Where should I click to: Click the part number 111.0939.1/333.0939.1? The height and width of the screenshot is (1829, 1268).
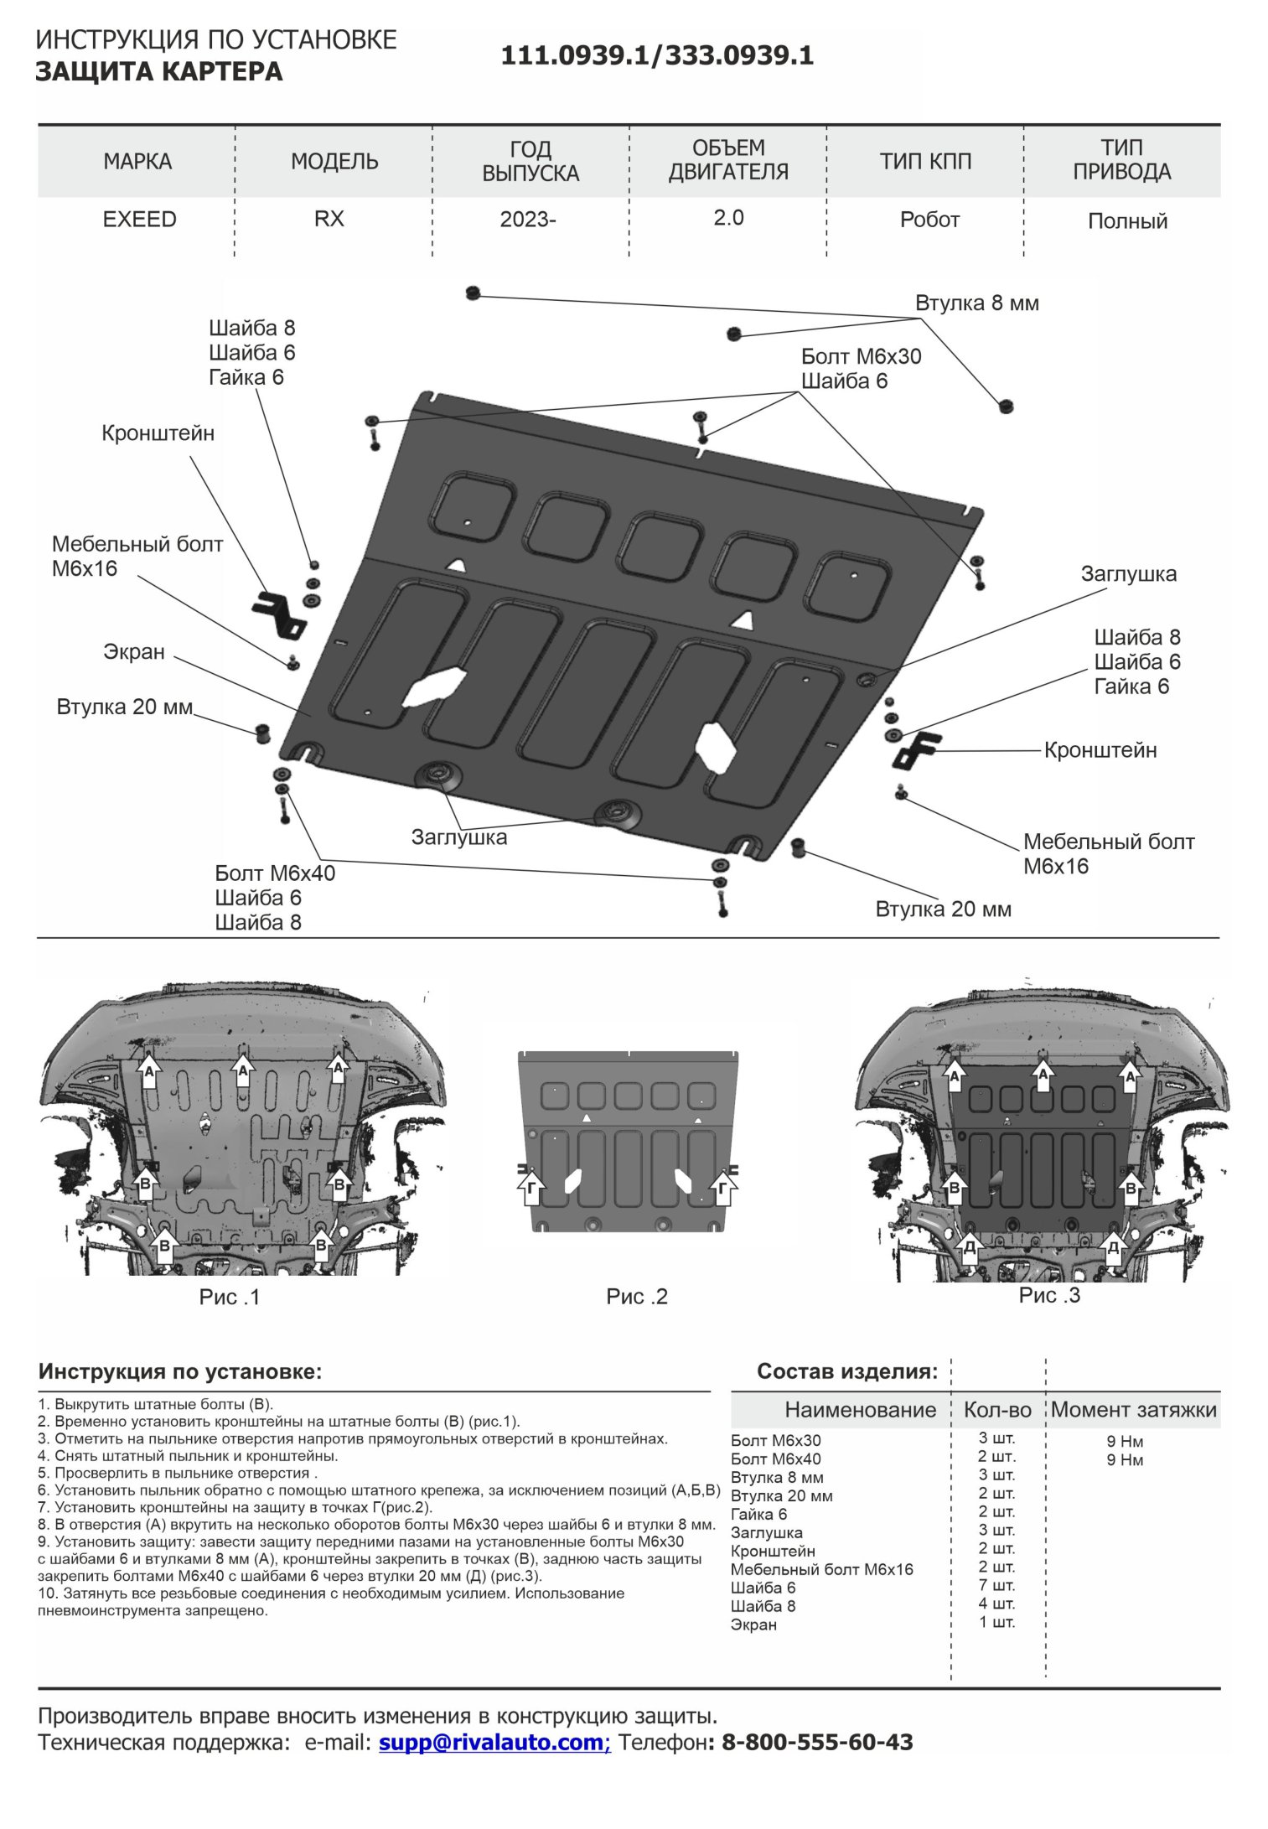[x=657, y=56]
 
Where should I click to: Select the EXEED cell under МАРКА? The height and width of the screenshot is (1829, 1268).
[x=139, y=220]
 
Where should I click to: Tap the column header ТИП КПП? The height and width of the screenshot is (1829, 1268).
[x=925, y=161]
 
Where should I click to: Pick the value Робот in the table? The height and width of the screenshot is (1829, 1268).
[x=929, y=220]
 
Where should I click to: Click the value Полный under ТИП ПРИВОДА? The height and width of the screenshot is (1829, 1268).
[x=1127, y=221]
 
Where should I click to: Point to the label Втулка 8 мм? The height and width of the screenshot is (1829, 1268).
[x=976, y=303]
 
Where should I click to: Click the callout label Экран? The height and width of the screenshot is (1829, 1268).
[x=134, y=652]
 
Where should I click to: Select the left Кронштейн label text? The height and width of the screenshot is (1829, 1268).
[x=158, y=433]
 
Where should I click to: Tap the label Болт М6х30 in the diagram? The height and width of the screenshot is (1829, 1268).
[x=861, y=357]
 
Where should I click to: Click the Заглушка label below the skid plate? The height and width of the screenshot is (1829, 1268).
[x=458, y=837]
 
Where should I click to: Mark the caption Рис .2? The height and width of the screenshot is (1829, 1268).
[x=636, y=1297]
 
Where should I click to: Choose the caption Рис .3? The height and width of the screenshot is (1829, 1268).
[x=1049, y=1295]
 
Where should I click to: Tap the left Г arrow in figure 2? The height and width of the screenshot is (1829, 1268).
[x=531, y=1189]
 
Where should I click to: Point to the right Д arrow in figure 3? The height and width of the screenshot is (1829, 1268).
[x=1113, y=1247]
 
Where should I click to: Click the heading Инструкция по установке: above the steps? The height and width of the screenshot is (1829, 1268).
[x=180, y=1372]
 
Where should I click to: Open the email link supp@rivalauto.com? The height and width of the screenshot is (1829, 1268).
[x=494, y=1742]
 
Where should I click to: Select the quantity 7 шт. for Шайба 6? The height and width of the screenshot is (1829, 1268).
[x=996, y=1586]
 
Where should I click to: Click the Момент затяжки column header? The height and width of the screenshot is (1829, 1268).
[x=1133, y=1410]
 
